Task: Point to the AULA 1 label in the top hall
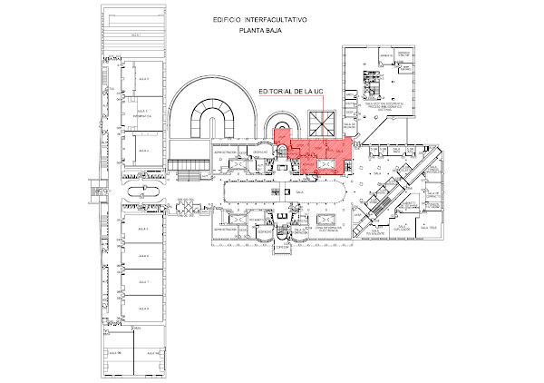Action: (137, 34)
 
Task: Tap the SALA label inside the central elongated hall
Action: (299, 192)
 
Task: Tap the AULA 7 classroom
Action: (142, 282)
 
